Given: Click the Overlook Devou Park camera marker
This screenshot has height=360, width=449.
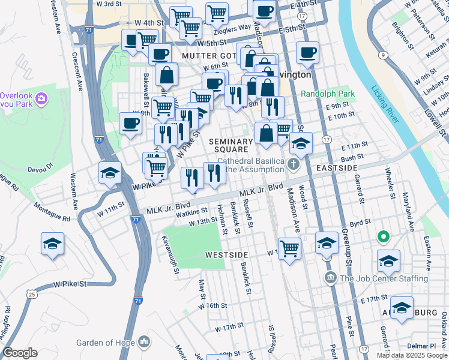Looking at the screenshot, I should click(41, 98).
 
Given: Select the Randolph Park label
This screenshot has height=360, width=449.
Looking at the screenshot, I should click(327, 94).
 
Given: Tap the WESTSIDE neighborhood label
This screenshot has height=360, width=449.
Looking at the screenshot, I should click(226, 254).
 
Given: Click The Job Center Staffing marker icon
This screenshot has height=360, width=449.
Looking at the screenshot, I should click(330, 278).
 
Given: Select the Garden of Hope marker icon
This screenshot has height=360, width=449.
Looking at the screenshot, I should click(143, 343).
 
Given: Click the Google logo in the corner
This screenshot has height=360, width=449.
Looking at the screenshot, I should click(20, 352).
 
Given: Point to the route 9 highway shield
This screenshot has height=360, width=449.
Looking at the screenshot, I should click(382, 55).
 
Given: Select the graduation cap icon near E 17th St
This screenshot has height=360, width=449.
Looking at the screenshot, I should click(402, 306).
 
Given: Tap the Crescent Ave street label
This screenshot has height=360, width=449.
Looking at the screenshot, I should click(77, 71).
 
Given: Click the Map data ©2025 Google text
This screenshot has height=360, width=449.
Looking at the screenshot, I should click(411, 355).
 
